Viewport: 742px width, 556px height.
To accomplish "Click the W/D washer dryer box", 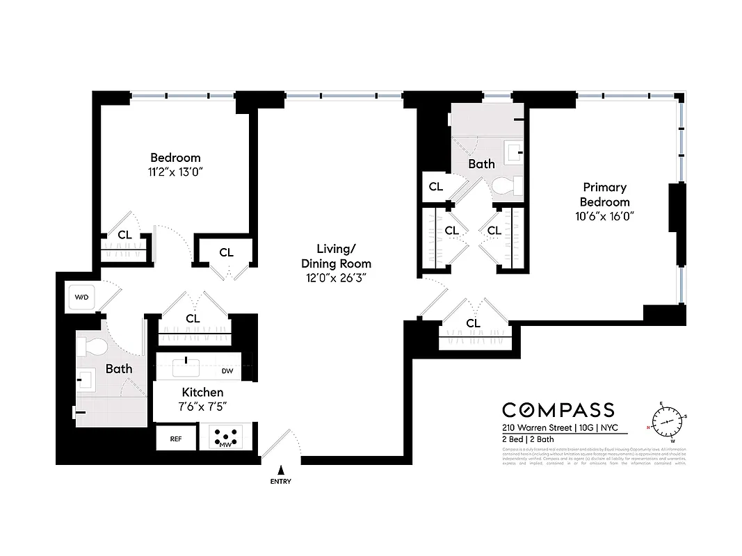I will pyautogui.click(x=82, y=297).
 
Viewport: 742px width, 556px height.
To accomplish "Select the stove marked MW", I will pyautogui.click(x=225, y=438).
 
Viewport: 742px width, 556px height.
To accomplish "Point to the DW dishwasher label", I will pyautogui.click(x=227, y=372).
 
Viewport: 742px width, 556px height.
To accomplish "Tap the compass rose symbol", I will pyautogui.click(x=668, y=422).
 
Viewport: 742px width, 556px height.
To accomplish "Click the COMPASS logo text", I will pyautogui.click(x=558, y=410).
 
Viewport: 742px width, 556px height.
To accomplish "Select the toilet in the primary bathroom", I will pyautogui.click(x=505, y=186).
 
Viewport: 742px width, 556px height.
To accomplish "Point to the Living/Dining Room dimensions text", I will pyautogui.click(x=336, y=277).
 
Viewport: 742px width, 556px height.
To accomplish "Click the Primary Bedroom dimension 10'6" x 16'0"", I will pyautogui.click(x=604, y=215).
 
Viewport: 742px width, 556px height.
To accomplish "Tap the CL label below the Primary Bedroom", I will pyautogui.click(x=473, y=324).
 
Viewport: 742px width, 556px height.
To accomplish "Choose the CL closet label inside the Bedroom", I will pyautogui.click(x=124, y=235).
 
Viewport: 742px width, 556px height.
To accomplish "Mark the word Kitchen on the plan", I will pyautogui.click(x=202, y=393).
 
